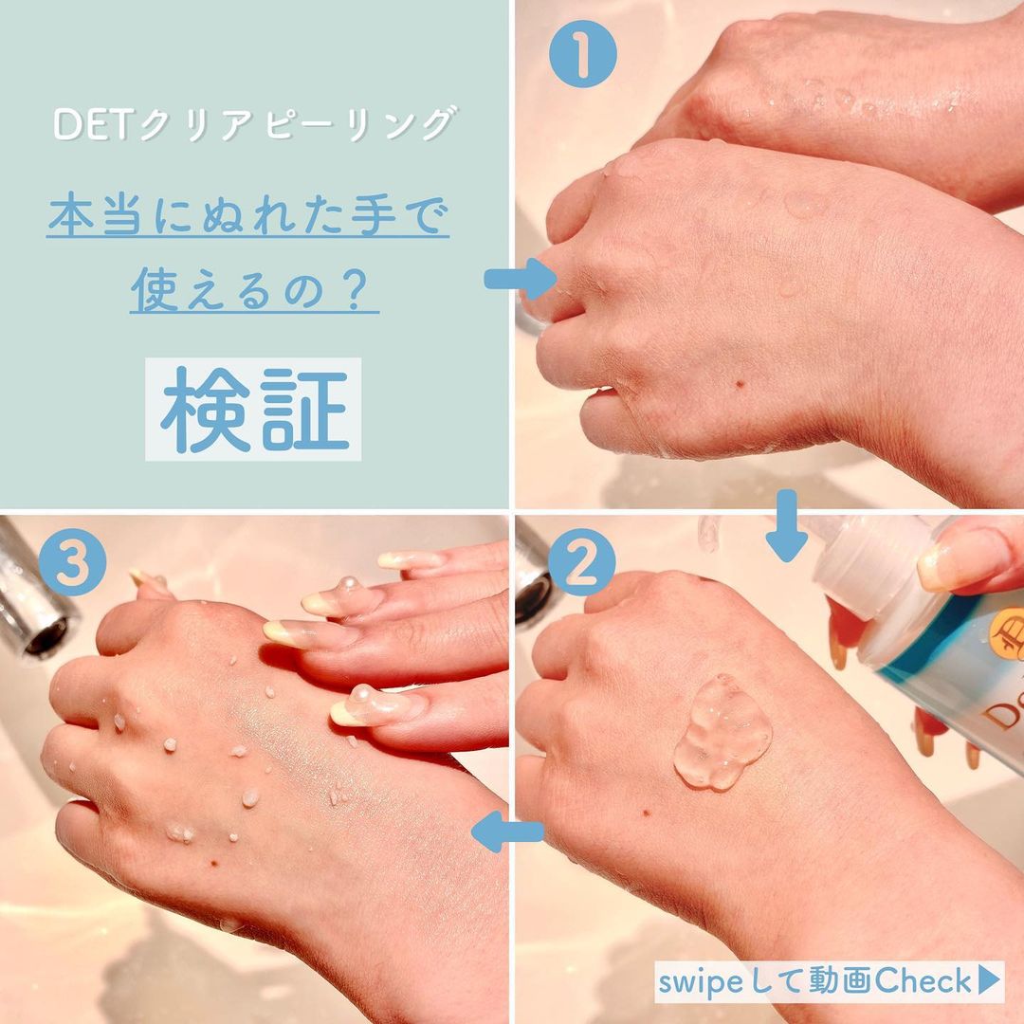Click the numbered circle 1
pyautogui.click(x=583, y=54)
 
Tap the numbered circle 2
pyautogui.click(x=581, y=567)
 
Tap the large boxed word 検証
pyautogui.click(x=253, y=410)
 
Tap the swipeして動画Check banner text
pyautogui.click(x=815, y=981)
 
